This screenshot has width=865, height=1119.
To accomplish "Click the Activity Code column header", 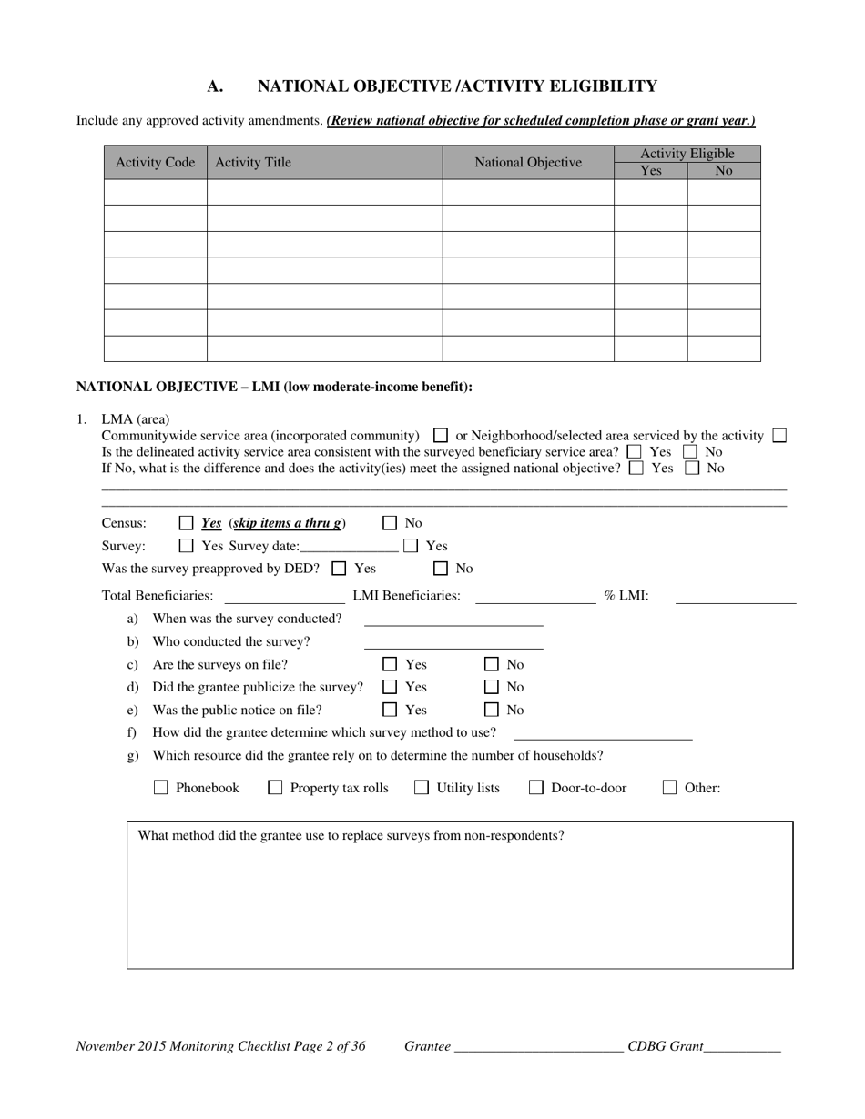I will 155,162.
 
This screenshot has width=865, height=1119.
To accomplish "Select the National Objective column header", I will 527,162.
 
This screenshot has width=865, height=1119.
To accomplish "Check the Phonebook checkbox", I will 161,788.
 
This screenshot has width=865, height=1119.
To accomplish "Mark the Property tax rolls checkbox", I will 275,788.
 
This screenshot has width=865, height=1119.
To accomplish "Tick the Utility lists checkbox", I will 422,788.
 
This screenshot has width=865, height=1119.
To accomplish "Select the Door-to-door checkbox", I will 536,788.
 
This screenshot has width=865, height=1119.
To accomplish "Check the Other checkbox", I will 669,788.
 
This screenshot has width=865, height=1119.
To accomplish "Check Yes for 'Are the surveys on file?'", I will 390,665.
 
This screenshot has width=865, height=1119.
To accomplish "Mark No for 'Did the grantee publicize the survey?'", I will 492,688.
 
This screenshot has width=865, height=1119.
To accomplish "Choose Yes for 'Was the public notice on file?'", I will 390,711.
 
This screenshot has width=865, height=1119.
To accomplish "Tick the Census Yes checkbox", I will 187,523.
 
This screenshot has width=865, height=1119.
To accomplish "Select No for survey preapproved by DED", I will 441,569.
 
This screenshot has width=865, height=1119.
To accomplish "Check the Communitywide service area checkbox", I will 441,436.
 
